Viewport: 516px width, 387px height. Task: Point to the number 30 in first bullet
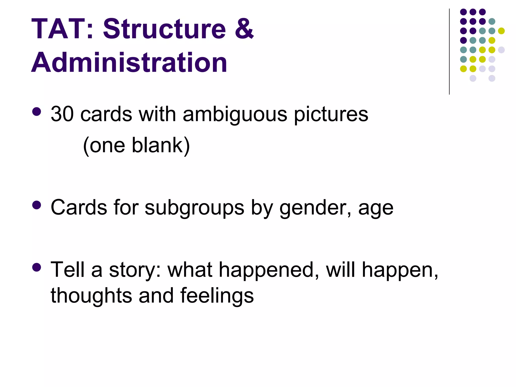(62, 114)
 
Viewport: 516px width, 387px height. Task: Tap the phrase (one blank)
(136, 146)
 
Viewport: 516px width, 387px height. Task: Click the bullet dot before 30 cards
(37, 112)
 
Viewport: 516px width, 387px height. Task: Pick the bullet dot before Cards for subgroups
(37, 205)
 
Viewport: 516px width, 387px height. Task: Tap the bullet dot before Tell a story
(37, 267)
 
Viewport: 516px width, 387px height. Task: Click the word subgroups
(194, 208)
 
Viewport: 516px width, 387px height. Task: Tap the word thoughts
(91, 295)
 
